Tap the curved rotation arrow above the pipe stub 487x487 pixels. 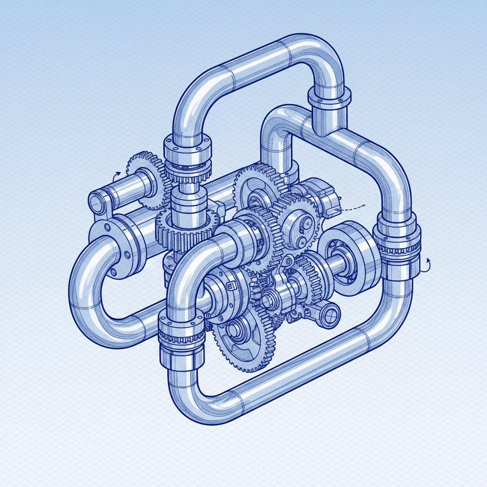tap(115, 176)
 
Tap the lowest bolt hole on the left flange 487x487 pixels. tap(114, 272)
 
